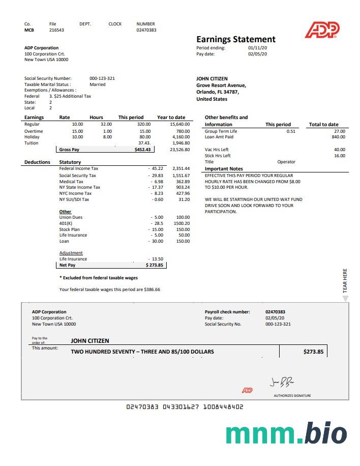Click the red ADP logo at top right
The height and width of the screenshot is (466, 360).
pos(322,30)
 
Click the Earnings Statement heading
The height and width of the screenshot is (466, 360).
pos(236,39)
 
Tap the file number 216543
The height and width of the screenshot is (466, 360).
pos(56,30)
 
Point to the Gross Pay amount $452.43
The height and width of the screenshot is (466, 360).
pos(142,150)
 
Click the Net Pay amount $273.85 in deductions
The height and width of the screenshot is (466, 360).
pos(155,265)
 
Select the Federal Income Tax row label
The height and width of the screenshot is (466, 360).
pos(79,168)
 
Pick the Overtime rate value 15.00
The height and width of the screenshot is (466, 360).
pos(77,131)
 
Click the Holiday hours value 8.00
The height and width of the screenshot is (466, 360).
pos(107,137)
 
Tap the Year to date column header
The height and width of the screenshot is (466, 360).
pos(171,118)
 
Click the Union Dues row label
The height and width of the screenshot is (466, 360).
pos(71,217)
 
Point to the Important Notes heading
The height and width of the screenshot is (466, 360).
pos(224,169)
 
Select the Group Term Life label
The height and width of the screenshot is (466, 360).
pos(221,131)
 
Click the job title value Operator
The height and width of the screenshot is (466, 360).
pos(286,162)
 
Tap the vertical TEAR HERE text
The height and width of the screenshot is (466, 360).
pos(345,280)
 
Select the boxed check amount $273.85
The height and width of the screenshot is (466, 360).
pos(313,352)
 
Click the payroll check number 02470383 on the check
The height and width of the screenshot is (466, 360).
pos(275,312)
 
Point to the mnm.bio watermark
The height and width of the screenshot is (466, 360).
pos(286,433)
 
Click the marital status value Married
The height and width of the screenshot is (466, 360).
pos(98,84)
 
